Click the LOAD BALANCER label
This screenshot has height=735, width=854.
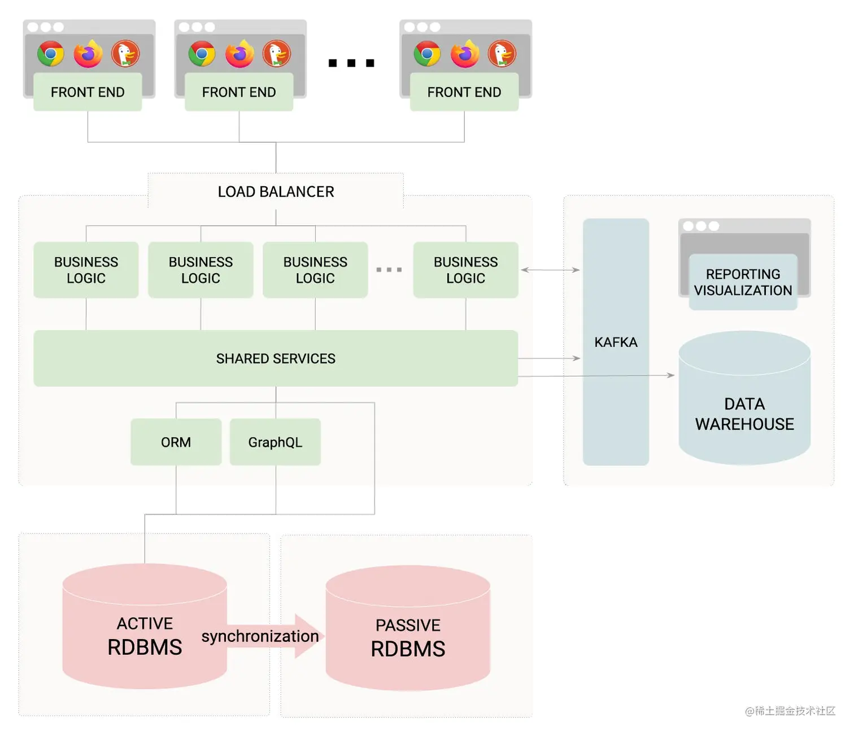click(276, 192)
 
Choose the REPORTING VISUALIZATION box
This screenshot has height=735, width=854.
click(743, 282)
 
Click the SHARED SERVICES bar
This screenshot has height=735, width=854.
click(276, 358)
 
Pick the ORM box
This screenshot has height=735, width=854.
click(176, 442)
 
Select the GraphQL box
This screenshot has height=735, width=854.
click(275, 442)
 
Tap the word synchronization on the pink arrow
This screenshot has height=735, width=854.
click(260, 636)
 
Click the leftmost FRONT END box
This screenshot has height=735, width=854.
click(88, 92)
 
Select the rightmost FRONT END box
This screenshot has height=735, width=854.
click(464, 92)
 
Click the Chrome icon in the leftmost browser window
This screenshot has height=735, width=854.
click(51, 54)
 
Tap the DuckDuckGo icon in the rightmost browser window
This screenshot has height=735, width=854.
click(502, 54)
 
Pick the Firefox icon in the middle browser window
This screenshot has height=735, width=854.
click(239, 54)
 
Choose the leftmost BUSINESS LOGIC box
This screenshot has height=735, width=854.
click(86, 270)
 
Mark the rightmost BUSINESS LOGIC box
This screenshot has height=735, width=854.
click(465, 270)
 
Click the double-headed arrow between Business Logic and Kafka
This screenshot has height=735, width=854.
click(550, 270)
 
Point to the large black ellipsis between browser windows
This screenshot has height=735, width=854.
click(351, 63)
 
